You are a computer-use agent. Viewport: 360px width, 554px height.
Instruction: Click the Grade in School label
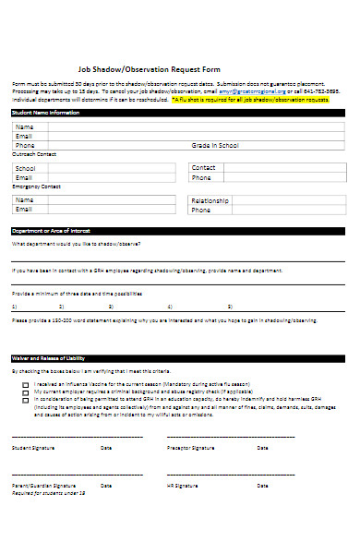215,145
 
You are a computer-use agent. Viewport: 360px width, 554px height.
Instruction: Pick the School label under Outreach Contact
26,168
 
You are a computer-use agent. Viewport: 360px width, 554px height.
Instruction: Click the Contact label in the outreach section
202,167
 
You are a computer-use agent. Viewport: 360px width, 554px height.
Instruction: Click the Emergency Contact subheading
30,187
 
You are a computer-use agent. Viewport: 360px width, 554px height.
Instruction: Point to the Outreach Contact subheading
30,154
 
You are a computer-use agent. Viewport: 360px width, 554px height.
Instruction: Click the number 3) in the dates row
111,306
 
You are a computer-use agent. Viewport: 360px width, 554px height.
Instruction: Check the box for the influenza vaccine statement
25,383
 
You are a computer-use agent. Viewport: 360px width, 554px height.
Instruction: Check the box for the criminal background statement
25,391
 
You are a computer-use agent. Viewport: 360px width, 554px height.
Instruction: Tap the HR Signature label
182,485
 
